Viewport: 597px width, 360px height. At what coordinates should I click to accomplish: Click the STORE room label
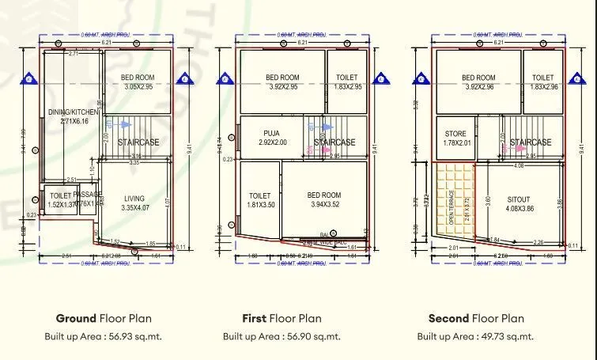[x=455, y=134]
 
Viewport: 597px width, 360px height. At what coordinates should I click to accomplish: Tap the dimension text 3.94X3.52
[x=323, y=204]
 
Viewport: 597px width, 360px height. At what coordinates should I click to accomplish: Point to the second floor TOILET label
[x=542, y=78]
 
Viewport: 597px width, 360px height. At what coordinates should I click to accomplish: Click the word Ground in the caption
[x=76, y=319]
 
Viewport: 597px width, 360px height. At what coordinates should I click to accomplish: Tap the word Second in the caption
[x=448, y=319]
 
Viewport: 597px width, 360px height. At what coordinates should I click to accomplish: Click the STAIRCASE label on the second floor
[x=531, y=142]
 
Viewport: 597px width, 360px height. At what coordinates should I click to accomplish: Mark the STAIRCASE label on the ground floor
[x=139, y=142]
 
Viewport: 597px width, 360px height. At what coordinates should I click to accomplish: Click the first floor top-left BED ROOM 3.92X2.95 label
[x=281, y=78]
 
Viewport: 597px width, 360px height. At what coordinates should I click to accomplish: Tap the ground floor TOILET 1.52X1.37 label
[x=60, y=195]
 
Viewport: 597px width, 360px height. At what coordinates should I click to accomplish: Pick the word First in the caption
[x=254, y=319]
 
